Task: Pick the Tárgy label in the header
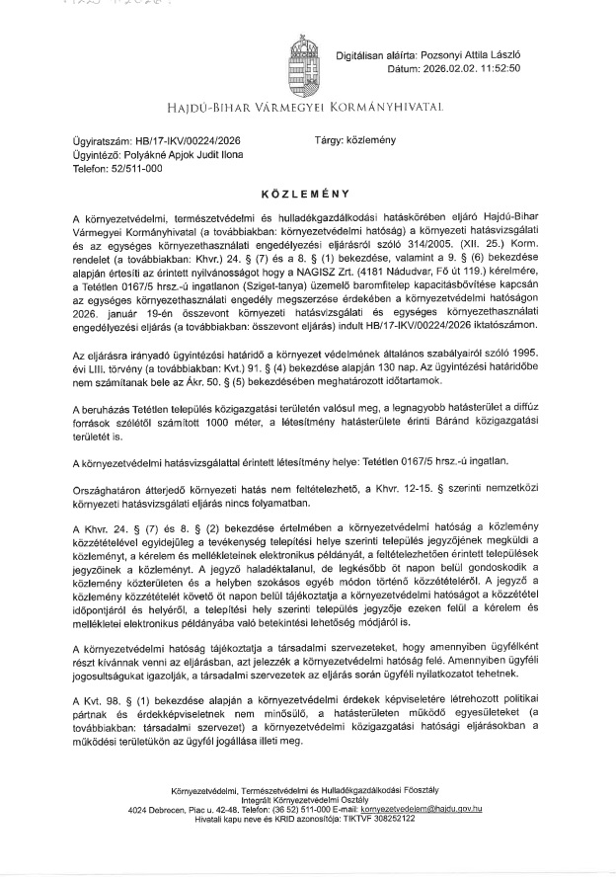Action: tap(330, 141)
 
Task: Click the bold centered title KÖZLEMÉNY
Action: tap(308, 196)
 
